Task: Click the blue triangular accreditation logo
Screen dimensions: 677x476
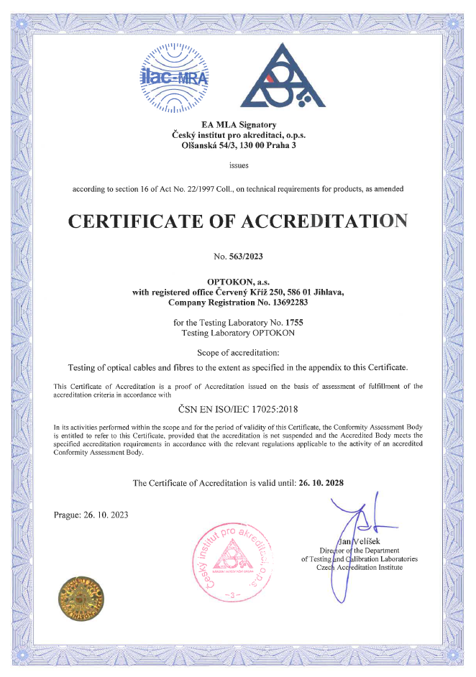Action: pyautogui.click(x=280, y=78)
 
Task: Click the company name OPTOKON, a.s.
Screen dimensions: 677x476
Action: pyautogui.click(x=238, y=282)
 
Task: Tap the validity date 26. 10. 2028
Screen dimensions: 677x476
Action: pyautogui.click(x=320, y=483)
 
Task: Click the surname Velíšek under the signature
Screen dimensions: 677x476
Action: pyautogui.click(x=363, y=541)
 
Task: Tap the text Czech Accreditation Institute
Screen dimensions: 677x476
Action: pyautogui.click(x=360, y=567)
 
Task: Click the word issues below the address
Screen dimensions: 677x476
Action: pyautogui.click(x=238, y=165)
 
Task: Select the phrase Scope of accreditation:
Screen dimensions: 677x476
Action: pyautogui.click(x=237, y=352)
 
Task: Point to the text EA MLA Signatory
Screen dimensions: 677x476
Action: pyautogui.click(x=238, y=124)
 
